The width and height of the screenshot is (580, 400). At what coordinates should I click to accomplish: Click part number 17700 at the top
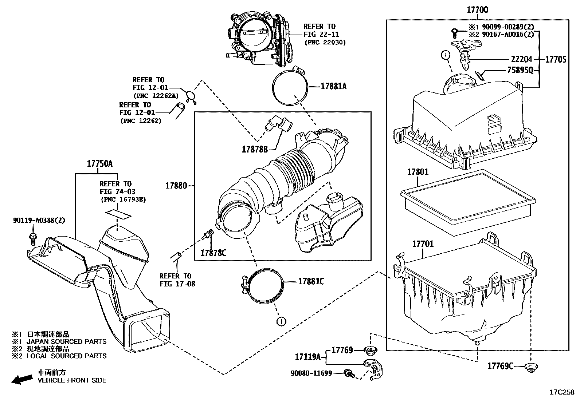[477, 10]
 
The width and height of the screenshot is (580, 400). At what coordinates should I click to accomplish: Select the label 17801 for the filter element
[418, 172]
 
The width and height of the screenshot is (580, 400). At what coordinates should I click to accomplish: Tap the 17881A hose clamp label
[333, 86]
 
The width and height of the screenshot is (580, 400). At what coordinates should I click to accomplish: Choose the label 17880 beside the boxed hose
[176, 186]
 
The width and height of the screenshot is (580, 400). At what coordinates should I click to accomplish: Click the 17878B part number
[255, 149]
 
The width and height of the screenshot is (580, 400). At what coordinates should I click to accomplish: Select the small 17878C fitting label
[213, 252]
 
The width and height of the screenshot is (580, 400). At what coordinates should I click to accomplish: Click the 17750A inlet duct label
[99, 164]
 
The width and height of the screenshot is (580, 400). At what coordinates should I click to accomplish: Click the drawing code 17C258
[562, 392]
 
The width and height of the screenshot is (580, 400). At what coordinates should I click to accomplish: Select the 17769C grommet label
[500, 366]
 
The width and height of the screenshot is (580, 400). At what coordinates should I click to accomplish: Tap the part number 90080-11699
[311, 373]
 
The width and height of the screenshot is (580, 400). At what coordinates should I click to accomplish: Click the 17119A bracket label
[307, 357]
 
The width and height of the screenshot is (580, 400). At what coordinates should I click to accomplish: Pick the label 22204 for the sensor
[521, 59]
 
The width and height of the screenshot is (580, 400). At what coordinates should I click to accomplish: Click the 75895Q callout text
[520, 71]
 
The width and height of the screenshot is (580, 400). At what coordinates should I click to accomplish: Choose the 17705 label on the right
[556, 59]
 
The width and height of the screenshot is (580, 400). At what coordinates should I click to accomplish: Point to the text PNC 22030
[325, 43]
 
